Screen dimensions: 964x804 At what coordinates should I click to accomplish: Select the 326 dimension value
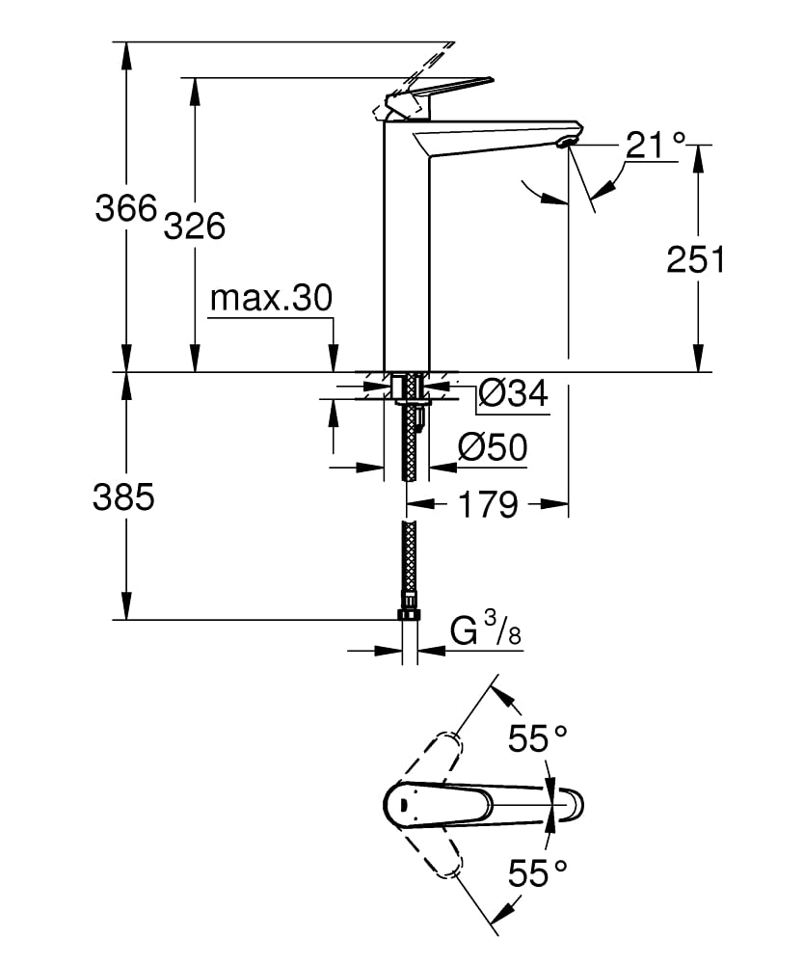(x=194, y=226)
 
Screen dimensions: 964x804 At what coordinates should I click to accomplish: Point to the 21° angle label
(x=656, y=146)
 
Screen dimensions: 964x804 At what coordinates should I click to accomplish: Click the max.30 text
(x=271, y=299)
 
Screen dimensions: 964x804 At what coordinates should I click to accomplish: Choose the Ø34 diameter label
(x=513, y=393)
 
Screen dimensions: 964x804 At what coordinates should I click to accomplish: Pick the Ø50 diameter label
(x=492, y=447)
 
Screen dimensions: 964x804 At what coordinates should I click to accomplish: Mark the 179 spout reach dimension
(x=489, y=503)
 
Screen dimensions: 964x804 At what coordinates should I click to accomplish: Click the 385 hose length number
(x=123, y=497)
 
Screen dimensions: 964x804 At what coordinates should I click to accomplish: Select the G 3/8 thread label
(x=488, y=632)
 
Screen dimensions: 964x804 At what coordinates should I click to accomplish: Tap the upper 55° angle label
(x=538, y=738)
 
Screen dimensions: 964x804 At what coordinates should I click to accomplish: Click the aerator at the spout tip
(x=567, y=145)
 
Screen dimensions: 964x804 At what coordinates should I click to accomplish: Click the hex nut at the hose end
(x=410, y=616)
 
